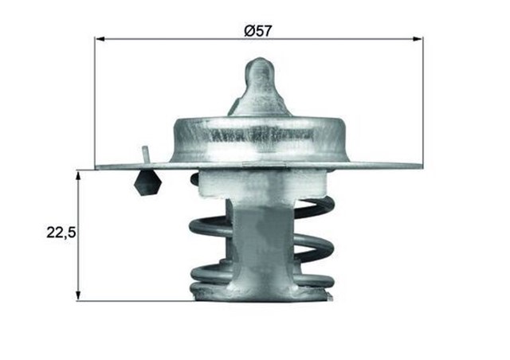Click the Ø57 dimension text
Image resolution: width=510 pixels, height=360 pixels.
click(258, 30)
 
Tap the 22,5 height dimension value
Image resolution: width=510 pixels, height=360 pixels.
click(60, 234)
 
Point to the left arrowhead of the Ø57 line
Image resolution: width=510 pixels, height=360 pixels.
click(100, 38)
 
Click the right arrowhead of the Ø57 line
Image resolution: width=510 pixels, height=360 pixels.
click(418, 38)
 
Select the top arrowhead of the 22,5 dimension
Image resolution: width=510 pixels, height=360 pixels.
click(78, 174)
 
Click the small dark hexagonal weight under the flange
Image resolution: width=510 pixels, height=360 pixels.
click(147, 184)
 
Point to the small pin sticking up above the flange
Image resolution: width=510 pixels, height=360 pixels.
click(145, 154)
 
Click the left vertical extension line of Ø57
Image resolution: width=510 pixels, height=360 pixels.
click(95, 104)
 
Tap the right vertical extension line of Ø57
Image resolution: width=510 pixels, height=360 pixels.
click(423, 104)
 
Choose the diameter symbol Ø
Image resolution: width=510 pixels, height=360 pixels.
click(248, 30)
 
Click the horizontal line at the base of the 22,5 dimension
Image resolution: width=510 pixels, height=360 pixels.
click(135, 301)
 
